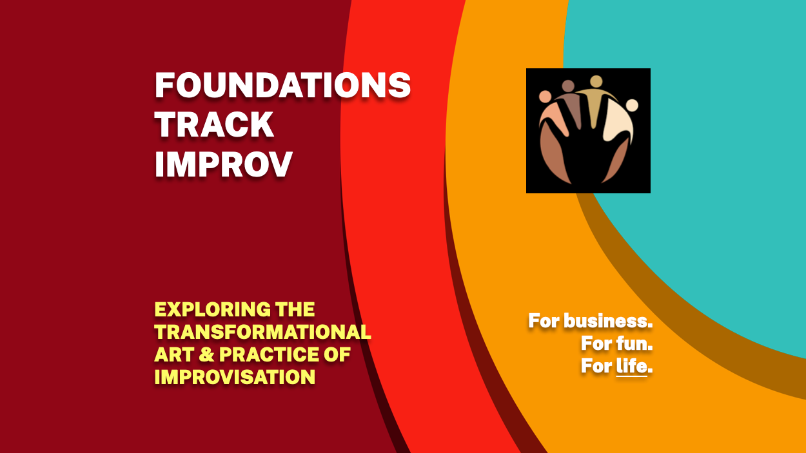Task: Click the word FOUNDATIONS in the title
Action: pyautogui.click(x=283, y=85)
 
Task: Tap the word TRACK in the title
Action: pyautogui.click(x=214, y=124)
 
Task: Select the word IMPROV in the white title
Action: pyautogui.click(x=224, y=164)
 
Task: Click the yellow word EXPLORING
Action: pyautogui.click(x=212, y=309)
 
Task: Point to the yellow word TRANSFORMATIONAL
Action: pyautogui.click(x=262, y=332)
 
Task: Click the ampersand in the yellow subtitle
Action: pyautogui.click(x=206, y=354)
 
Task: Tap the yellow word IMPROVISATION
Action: pyautogui.click(x=235, y=377)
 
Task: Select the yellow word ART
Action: pyautogui.click(x=175, y=354)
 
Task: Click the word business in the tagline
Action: pyautogui.click(x=608, y=321)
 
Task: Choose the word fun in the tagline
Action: pyautogui.click(x=634, y=343)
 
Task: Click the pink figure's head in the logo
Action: pyautogui.click(x=545, y=97)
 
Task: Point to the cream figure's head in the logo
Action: pyautogui.click(x=632, y=106)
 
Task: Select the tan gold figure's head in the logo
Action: pyautogui.click(x=596, y=81)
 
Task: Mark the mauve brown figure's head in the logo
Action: pyautogui.click(x=568, y=86)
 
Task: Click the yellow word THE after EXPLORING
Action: pyautogui.click(x=295, y=309)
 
